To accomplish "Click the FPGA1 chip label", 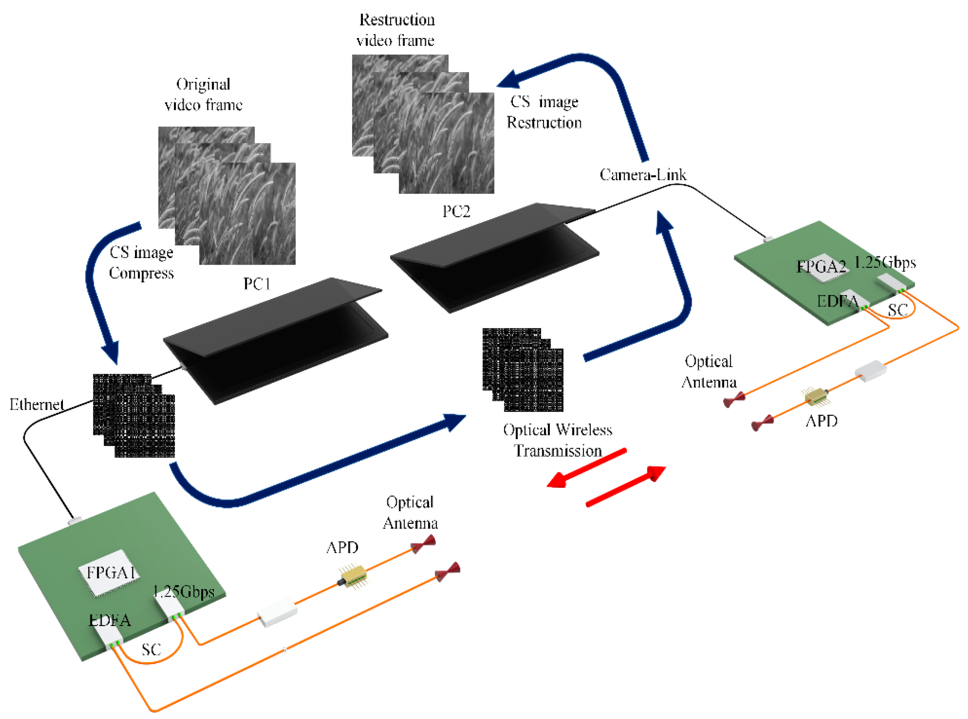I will point(111,572).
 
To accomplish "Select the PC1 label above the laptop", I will point(257,284).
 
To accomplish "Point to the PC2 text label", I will point(456,212).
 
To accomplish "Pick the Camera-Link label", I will point(643,175).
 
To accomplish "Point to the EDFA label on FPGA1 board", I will point(110,620).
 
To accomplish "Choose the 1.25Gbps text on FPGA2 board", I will point(885,262).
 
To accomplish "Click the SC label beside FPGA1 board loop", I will point(151,650).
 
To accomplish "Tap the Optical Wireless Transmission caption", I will point(558,440).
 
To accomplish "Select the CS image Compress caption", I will point(141,262).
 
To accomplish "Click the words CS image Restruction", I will point(544,112).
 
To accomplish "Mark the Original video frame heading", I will point(203,94).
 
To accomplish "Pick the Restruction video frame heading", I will point(396,30).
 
